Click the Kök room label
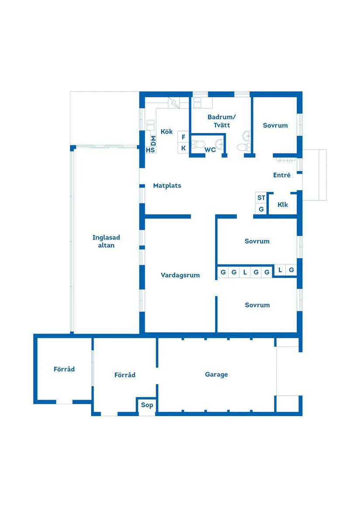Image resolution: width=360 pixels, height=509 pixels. click(x=167, y=132)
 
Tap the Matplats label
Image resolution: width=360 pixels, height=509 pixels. click(x=167, y=186)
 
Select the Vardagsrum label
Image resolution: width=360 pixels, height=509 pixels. click(x=180, y=275)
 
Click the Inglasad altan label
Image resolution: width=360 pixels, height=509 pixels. click(x=106, y=242)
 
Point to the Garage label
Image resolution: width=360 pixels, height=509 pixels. click(x=216, y=375)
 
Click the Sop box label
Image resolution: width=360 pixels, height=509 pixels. click(x=147, y=405)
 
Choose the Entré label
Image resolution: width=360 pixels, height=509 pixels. click(x=282, y=175)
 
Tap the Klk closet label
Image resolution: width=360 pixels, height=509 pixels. click(x=283, y=205)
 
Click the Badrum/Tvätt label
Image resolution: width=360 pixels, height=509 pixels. click(x=221, y=121)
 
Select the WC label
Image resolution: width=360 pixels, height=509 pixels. click(x=210, y=150)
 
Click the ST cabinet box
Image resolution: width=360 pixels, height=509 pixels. click(x=261, y=198)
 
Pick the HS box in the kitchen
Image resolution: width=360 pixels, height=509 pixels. click(x=151, y=150)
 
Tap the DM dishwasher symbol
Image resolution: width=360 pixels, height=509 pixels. click(x=153, y=140)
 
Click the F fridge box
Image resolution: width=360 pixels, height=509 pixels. click(x=183, y=137)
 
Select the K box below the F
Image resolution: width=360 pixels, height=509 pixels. click(x=183, y=148)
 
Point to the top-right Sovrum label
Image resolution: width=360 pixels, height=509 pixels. click(x=275, y=126)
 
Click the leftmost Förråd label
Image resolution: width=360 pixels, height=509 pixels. click(x=64, y=369)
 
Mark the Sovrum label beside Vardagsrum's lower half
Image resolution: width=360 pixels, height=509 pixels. click(x=257, y=305)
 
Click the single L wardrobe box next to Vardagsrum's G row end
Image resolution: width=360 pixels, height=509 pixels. click(x=280, y=270)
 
